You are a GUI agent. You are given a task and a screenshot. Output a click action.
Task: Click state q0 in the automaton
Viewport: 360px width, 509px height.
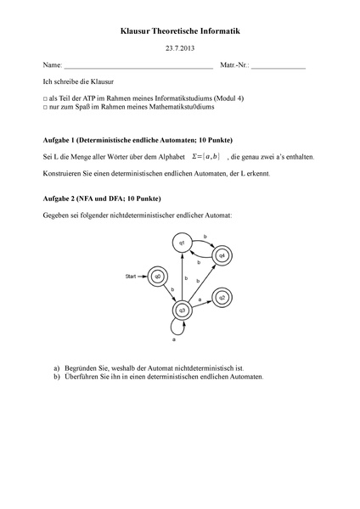pos(156,276)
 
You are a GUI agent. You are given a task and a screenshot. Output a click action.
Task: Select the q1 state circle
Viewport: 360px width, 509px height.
pos(181,243)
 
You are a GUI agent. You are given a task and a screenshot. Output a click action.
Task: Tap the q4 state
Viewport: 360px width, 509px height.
pos(221,255)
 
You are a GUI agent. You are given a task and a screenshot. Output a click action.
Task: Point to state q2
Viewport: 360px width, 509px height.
pos(222,297)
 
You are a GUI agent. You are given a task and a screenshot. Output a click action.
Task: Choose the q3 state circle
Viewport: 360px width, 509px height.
pos(181,310)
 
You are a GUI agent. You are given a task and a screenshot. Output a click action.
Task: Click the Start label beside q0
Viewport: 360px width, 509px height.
pos(131,276)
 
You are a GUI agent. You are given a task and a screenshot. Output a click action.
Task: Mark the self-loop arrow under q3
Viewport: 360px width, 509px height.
pos(174,331)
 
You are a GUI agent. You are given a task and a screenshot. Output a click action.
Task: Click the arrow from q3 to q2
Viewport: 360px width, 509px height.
pos(201,304)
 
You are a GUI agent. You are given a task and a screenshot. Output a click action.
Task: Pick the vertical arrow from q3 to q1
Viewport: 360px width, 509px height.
pos(181,276)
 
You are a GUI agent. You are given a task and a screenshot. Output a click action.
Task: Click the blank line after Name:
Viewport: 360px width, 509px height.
pos(138,67)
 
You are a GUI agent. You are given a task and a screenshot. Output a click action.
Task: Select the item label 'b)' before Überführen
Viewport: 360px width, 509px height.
pos(57,376)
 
